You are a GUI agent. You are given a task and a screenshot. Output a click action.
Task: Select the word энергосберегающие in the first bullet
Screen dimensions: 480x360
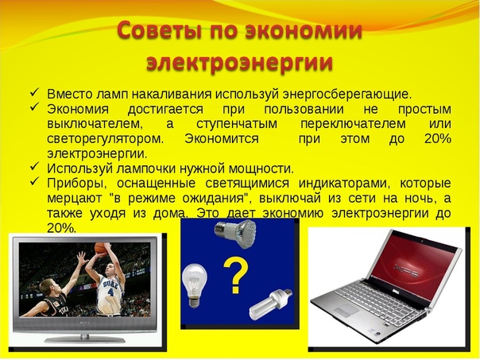tap(347, 95)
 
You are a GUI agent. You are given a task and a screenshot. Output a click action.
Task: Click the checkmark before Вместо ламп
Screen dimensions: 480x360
tap(35, 92)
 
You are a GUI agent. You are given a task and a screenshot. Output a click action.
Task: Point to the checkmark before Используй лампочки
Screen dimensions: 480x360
tap(35, 167)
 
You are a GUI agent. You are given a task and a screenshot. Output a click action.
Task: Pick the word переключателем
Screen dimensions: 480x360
tap(353, 124)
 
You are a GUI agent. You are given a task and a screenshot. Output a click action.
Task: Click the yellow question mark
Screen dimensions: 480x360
tap(235, 275)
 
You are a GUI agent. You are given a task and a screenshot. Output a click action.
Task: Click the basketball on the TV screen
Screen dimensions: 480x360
tap(100, 248)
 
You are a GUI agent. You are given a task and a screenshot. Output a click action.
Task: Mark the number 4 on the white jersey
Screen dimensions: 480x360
tap(110, 292)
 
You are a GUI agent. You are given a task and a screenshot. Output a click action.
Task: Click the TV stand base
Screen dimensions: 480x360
tap(85, 339)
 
